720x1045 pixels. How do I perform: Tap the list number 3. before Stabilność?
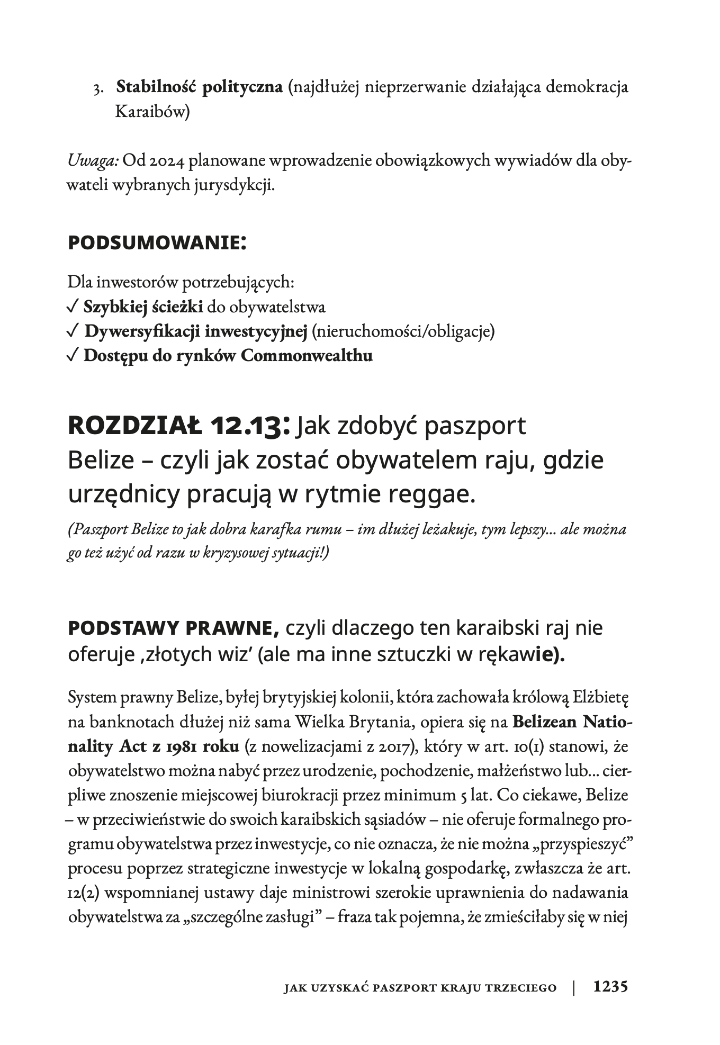tap(98, 89)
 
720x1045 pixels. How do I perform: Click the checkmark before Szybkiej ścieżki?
tap(74, 307)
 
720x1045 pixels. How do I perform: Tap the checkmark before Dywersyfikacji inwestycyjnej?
tap(74, 331)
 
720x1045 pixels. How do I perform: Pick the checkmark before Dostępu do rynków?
tap(74, 356)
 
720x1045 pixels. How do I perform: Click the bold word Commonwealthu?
tap(307, 356)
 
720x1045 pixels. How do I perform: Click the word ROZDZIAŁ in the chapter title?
tap(135, 427)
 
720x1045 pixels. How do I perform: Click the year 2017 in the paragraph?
tap(386, 747)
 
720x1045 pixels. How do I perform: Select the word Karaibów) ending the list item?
tap(152, 113)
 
